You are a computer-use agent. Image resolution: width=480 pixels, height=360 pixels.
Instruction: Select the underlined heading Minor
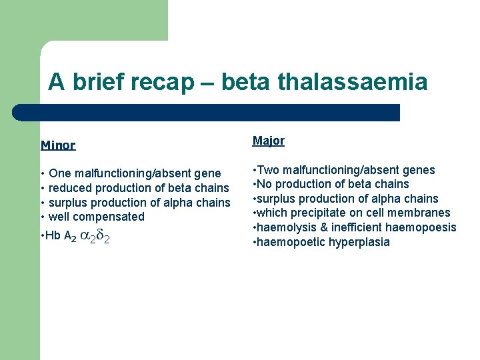click(x=58, y=145)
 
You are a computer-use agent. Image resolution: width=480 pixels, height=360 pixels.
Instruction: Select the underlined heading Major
click(x=268, y=141)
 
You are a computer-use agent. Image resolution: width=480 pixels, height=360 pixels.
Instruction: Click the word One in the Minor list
click(x=61, y=173)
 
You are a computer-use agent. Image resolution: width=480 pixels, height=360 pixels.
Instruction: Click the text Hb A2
click(x=60, y=236)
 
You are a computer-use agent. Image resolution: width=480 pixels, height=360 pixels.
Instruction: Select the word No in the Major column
click(x=264, y=184)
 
